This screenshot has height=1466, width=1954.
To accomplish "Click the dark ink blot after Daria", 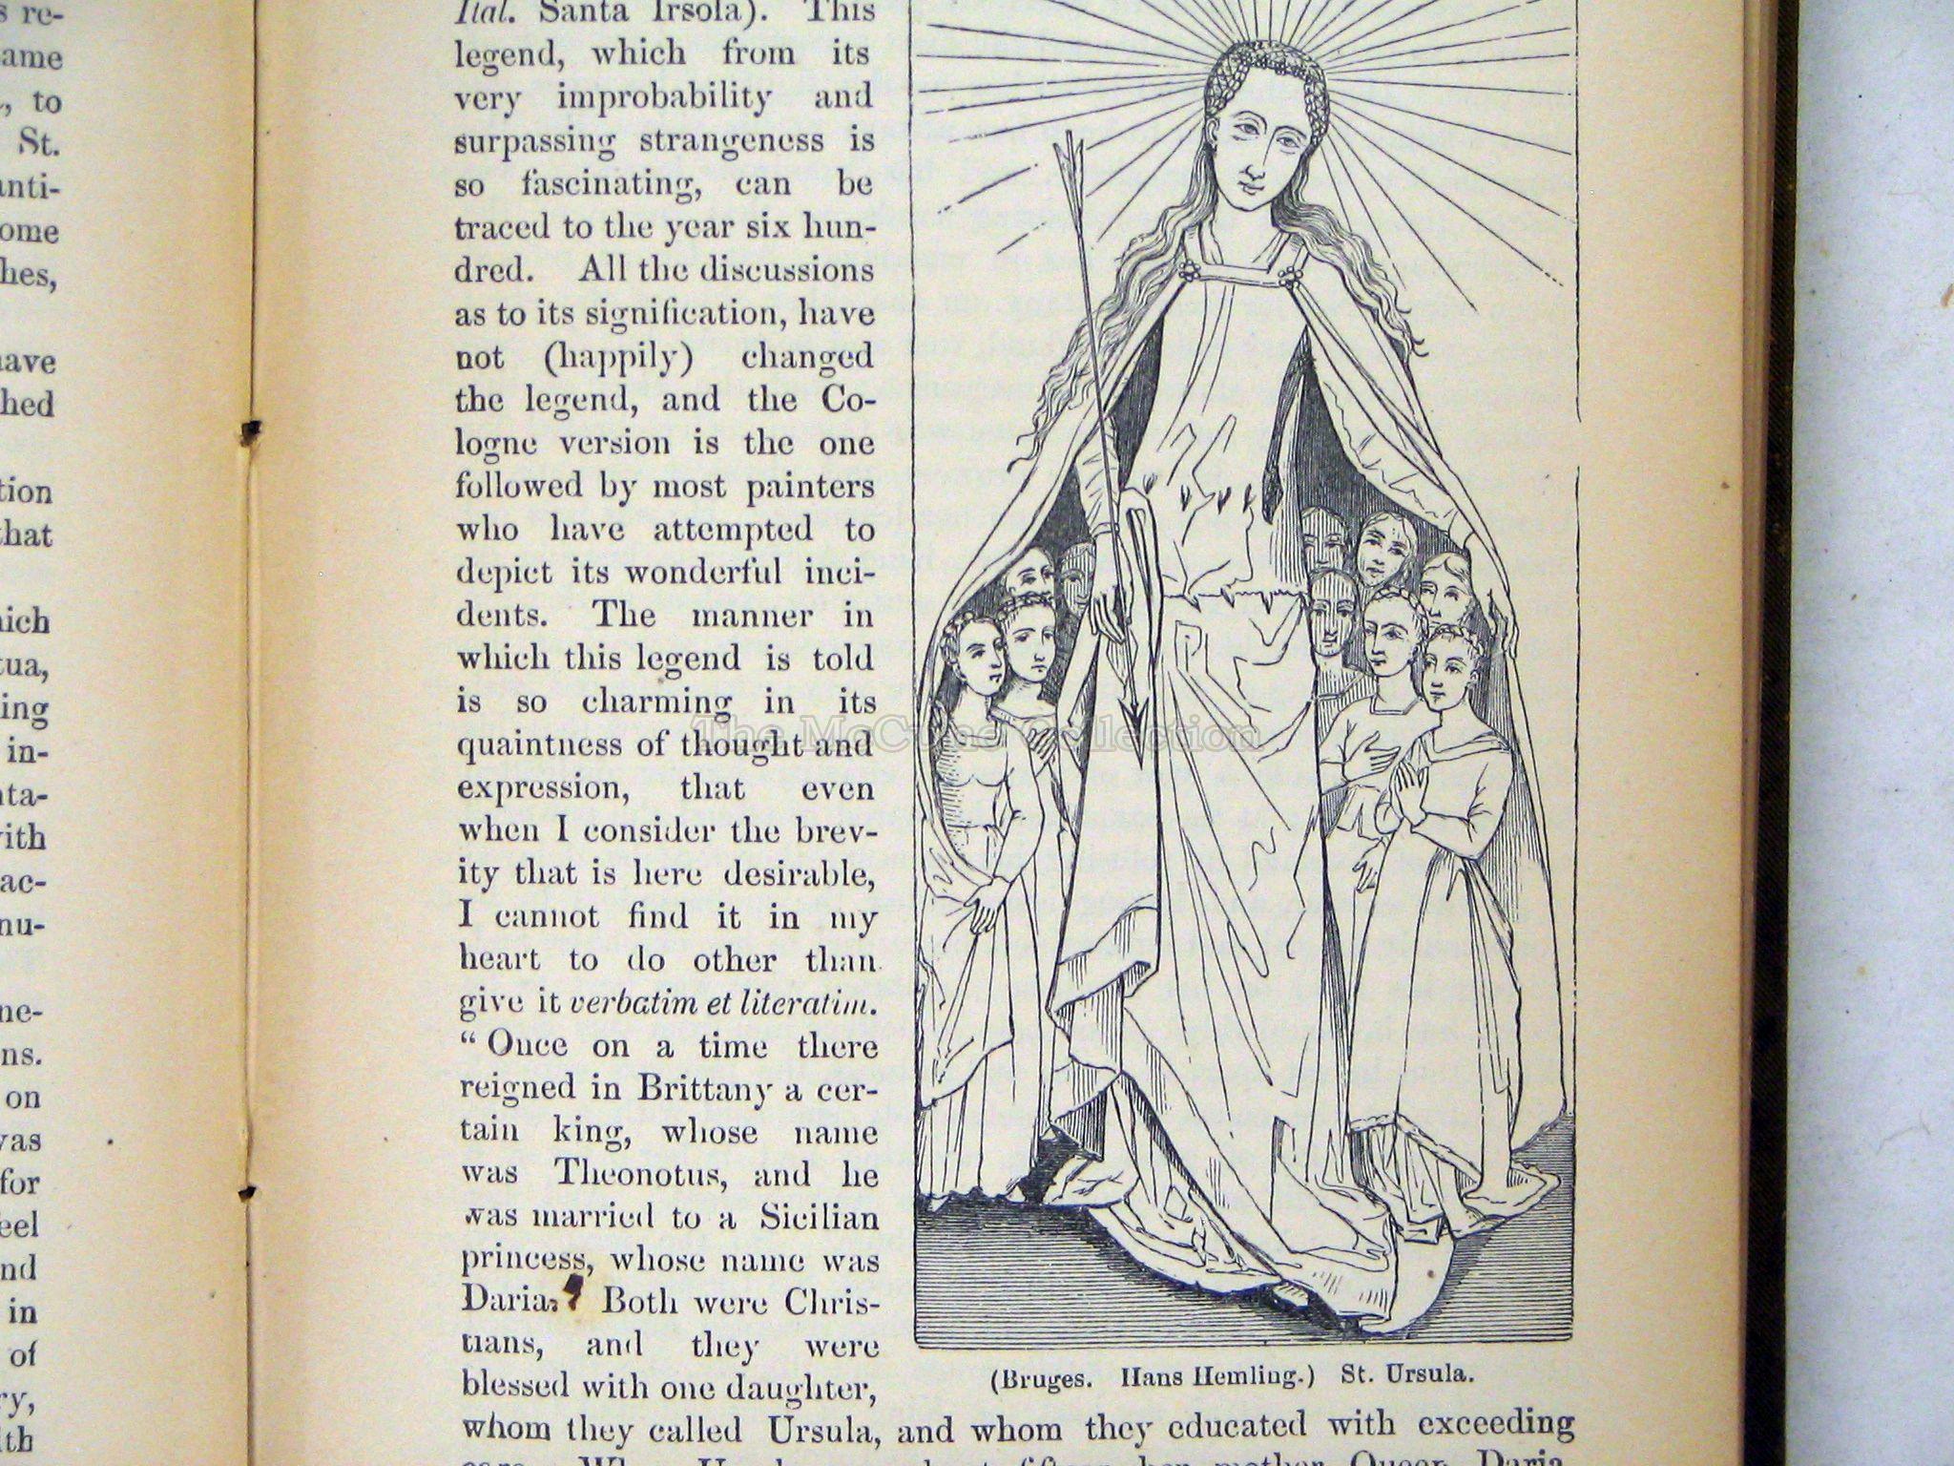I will [x=572, y=1290].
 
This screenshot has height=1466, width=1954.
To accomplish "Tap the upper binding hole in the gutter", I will [x=251, y=431].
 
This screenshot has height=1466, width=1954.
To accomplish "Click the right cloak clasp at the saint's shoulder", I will [x=1289, y=278].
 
